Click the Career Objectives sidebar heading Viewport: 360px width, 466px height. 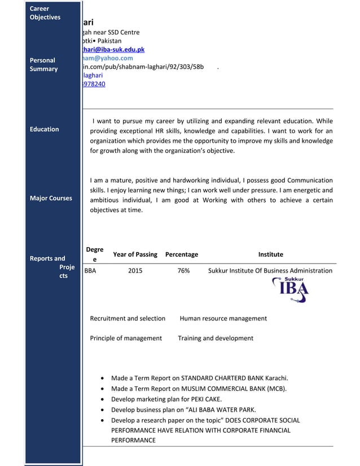[45, 13]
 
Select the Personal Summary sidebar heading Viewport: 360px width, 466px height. [43, 64]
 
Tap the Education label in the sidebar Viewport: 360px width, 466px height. [44, 129]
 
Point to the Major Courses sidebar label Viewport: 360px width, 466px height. [51, 198]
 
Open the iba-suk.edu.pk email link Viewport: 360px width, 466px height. [113, 50]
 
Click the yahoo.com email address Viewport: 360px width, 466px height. [107, 58]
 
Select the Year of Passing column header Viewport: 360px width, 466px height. [135, 254]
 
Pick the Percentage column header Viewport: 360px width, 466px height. [182, 254]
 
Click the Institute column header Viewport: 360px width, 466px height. [270, 254]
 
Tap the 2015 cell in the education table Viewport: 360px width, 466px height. [135, 271]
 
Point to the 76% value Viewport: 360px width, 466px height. [183, 271]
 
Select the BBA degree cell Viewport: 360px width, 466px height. [89, 271]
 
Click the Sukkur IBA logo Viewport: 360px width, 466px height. [291, 290]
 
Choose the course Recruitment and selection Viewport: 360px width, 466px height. [128, 318]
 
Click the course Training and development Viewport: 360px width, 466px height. [216, 338]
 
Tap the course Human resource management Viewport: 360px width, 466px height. [223, 318]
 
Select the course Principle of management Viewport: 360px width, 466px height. [126, 338]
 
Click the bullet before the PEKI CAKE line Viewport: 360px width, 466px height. [101, 399]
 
